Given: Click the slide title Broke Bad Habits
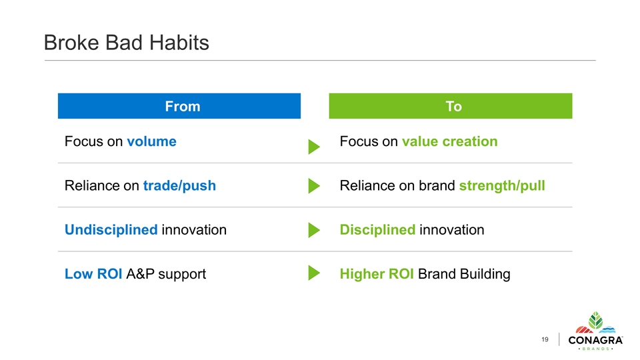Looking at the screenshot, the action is (127, 43).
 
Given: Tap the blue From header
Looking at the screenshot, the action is (179, 106).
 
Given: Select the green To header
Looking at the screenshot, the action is (451, 106).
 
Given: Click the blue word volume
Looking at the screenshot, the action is (151, 141).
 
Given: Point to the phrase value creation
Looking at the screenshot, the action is (450, 141).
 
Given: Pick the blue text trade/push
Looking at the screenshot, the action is (179, 186).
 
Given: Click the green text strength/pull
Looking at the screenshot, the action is (502, 186).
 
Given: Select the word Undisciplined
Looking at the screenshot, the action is (111, 230).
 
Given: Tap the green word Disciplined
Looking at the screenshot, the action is (377, 230).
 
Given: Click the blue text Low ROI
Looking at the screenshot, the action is (93, 274).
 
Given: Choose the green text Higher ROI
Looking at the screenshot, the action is (377, 274).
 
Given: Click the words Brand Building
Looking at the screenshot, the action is (464, 274).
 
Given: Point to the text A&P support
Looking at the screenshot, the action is (166, 274).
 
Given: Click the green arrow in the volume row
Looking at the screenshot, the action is (313, 147).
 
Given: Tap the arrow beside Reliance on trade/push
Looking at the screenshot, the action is (313, 186).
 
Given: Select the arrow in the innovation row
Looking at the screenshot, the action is (313, 230).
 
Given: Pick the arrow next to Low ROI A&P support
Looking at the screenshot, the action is (313, 273).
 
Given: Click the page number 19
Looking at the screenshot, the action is (545, 339).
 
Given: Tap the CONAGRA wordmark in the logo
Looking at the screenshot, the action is (595, 340).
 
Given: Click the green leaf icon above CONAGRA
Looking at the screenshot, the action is (595, 321).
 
